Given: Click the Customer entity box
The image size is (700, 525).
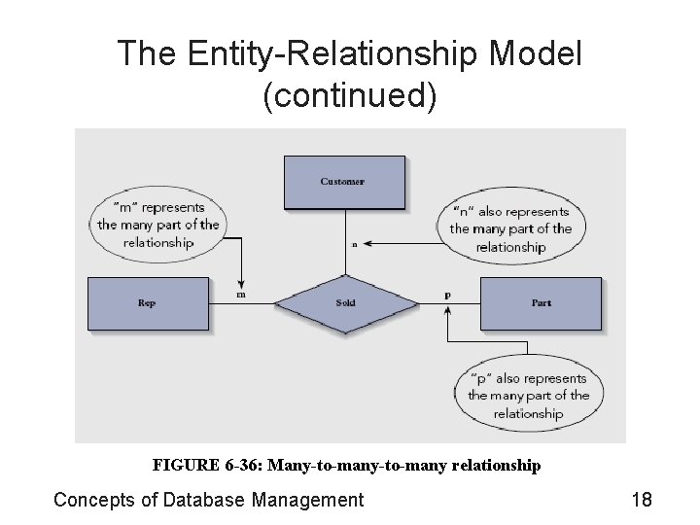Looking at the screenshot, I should pyautogui.click(x=342, y=182).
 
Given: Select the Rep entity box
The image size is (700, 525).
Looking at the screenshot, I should pyautogui.click(x=148, y=302).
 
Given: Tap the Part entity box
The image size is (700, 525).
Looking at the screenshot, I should pyautogui.click(x=541, y=302).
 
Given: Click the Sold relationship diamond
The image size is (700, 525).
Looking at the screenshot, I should pyautogui.click(x=344, y=302).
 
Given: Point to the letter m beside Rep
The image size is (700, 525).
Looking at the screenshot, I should pyautogui.click(x=240, y=294).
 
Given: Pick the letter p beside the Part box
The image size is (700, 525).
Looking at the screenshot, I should pyautogui.click(x=447, y=293).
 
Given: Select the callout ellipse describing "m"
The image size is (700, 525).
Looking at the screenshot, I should pyautogui.click(x=157, y=225).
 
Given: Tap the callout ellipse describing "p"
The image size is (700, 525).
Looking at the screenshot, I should pyautogui.click(x=528, y=395).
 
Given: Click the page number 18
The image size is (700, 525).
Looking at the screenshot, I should pyautogui.click(x=641, y=500).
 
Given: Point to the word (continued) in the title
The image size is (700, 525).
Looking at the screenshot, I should pyautogui.click(x=350, y=96).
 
